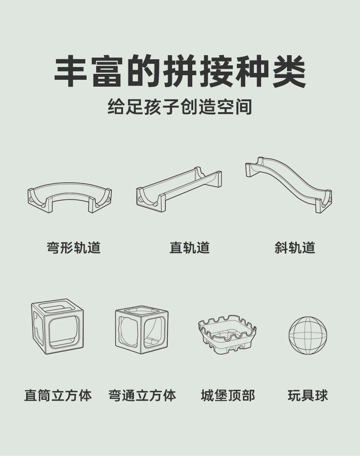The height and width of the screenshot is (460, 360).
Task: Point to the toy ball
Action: [308, 336]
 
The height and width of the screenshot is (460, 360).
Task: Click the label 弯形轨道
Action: [73, 248]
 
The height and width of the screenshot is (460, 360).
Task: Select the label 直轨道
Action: [190, 248]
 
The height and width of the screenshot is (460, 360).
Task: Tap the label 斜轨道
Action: [295, 248]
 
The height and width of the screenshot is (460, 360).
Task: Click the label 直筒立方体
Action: [58, 395]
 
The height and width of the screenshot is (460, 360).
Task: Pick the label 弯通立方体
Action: [142, 395]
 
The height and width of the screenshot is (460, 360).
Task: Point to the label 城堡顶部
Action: [228, 395]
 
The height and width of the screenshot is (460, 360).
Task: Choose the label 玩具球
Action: [308, 395]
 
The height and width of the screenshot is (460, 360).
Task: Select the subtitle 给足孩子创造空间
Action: [180, 108]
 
